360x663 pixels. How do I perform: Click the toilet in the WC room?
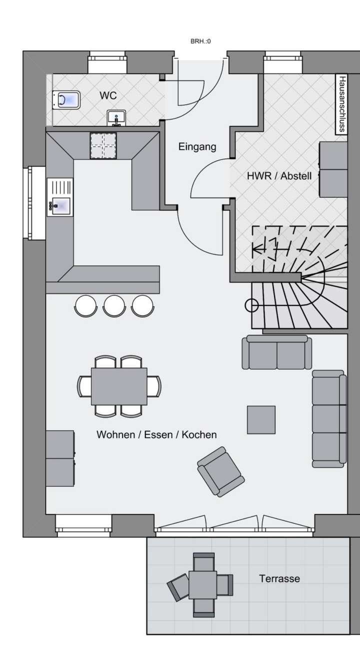pos(66,100)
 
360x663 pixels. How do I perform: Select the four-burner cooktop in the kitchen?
pos(103,145)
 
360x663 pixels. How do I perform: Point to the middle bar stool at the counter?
pos(114,305)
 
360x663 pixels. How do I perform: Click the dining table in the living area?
pos(119,386)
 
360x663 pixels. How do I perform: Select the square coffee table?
pos(261,419)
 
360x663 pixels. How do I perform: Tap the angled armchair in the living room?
pos(220,471)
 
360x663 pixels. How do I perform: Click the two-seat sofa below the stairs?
pos(276,352)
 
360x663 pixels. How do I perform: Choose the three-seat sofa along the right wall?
pos(328,418)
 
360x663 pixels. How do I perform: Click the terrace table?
pos(202,584)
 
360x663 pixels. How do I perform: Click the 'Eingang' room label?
pos(197,146)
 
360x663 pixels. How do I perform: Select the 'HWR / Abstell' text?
pos(279,176)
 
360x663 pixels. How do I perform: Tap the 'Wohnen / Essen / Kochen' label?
pos(156,434)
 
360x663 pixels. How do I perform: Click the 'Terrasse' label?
pos(279,578)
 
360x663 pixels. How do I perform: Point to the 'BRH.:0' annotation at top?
pos(200,41)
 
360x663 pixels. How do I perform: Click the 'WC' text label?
pos(108,95)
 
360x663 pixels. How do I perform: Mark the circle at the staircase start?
pos(251,304)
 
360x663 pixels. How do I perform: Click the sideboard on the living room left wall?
pos(60,458)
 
